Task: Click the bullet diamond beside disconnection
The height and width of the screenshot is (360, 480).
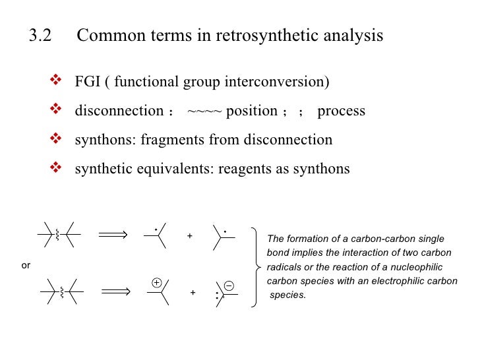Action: point(55,110)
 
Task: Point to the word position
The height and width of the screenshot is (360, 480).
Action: point(251,111)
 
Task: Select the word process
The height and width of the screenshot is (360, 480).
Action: point(341,111)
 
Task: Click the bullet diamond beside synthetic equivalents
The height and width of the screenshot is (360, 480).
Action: point(55,168)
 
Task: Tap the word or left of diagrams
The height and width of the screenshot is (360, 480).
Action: point(26,265)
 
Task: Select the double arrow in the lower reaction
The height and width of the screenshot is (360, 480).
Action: point(116,292)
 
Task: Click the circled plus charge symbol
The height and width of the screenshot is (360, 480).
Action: point(156,282)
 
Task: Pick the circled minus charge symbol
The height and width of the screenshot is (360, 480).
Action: point(228,285)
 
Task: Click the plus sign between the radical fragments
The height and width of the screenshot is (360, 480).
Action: point(190,235)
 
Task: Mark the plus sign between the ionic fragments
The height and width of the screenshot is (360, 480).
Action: point(193,292)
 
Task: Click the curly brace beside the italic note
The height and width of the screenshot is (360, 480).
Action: point(256,266)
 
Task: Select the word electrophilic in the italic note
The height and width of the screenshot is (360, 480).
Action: point(402,281)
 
